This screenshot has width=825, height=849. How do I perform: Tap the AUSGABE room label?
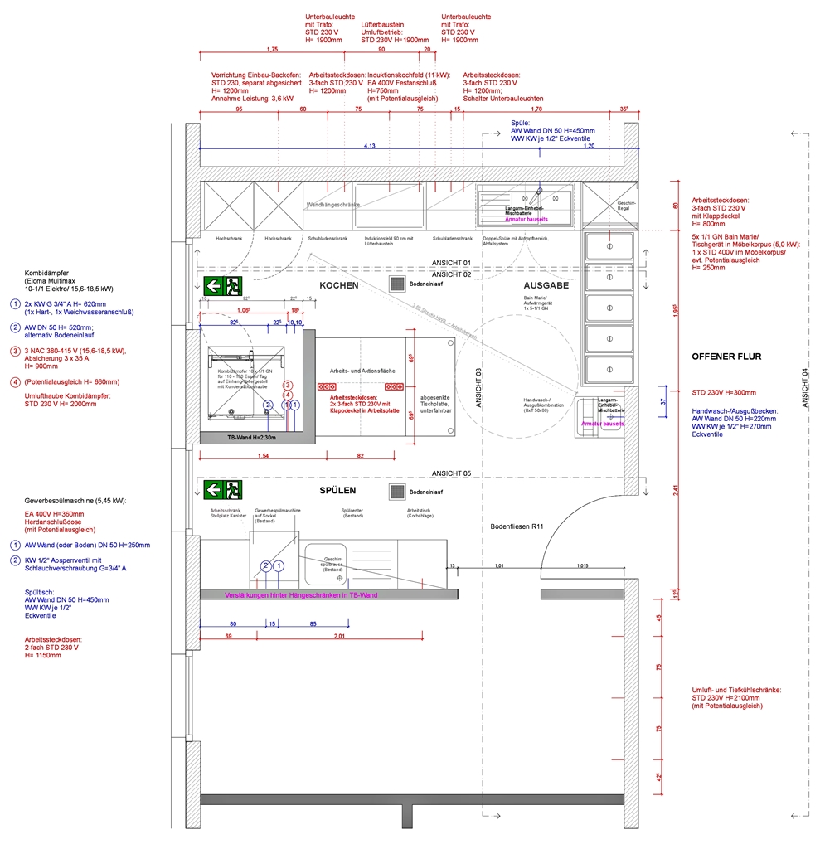pos(546,285)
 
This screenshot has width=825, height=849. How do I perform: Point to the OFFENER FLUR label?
pos(726,357)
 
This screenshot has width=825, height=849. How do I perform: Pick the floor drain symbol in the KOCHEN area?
pos(397,284)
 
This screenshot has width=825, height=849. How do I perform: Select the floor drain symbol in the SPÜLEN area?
pos(397,492)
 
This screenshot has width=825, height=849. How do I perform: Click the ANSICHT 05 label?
pos(451,473)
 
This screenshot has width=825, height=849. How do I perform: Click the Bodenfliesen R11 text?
pos(516,526)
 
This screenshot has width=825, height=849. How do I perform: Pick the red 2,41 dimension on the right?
pos(677,490)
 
